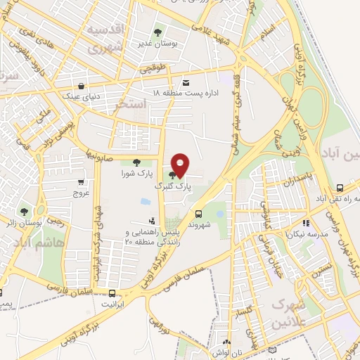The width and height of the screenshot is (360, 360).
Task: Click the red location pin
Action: pyautogui.click(x=181, y=164)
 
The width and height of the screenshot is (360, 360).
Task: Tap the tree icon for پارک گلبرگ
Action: pyautogui.click(x=173, y=174)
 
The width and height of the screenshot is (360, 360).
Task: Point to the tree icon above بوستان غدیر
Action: pyautogui.click(x=157, y=32)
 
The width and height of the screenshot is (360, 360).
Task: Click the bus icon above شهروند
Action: pyautogui.click(x=199, y=213)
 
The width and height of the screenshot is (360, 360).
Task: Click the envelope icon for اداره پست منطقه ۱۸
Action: pyautogui.click(x=186, y=82)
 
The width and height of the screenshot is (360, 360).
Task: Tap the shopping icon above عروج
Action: pyautogui.click(x=81, y=181)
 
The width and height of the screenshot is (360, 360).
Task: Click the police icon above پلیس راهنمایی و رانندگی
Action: pyautogui.click(x=151, y=221)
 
